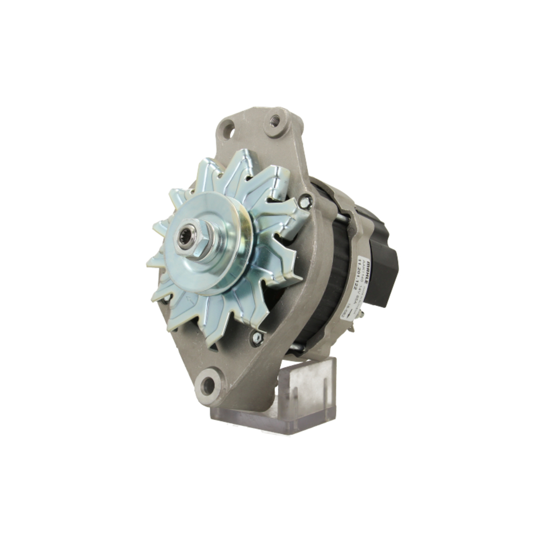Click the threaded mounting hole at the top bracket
coord(276,119)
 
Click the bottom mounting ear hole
coord(208,385)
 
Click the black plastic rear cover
coord(384,259)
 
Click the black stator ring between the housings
coord(329,270)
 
